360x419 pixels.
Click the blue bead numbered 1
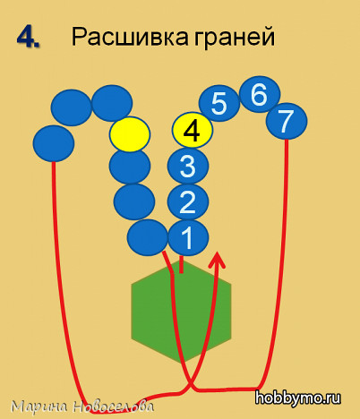tap(188, 237)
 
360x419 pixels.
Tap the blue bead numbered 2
tap(188, 202)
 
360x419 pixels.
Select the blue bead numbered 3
tap(188, 166)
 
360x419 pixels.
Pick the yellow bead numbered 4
tap(193, 130)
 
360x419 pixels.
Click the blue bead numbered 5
tap(219, 104)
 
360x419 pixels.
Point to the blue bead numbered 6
tap(260, 94)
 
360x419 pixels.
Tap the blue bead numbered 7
tap(287, 121)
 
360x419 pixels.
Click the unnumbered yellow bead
tap(130, 134)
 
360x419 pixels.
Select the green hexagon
tap(181, 312)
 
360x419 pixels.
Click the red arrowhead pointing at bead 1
tap(219, 259)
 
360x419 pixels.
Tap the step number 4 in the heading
tap(28, 38)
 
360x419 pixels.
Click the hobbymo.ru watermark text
tap(297, 398)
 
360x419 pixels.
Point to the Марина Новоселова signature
tap(82, 406)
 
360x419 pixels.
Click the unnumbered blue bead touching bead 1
tap(148, 237)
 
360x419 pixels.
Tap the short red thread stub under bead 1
tap(181, 264)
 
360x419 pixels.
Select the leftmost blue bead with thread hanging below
tap(54, 143)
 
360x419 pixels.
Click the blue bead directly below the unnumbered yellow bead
tap(130, 166)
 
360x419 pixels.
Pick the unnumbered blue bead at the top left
tap(72, 107)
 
